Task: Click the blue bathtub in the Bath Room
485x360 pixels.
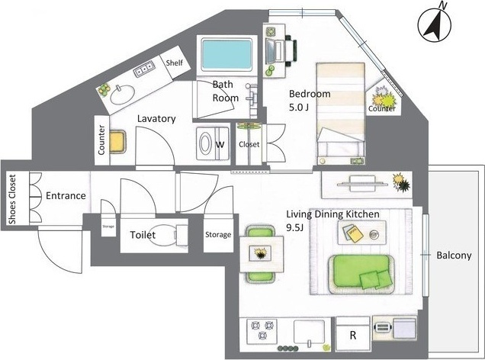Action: click(226, 55)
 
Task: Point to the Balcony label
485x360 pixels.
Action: click(454, 256)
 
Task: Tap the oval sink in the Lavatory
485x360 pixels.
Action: click(123, 95)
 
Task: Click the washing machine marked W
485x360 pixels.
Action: click(213, 143)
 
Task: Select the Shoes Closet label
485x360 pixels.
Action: click(12, 199)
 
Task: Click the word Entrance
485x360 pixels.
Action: click(66, 195)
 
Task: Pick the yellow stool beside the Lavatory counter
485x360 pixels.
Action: click(117, 142)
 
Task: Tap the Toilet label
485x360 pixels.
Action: click(143, 235)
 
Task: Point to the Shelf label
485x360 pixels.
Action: click(174, 63)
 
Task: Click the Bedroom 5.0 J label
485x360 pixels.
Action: click(310, 100)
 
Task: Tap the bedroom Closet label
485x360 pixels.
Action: click(249, 144)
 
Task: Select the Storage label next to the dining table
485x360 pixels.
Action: click(218, 235)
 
